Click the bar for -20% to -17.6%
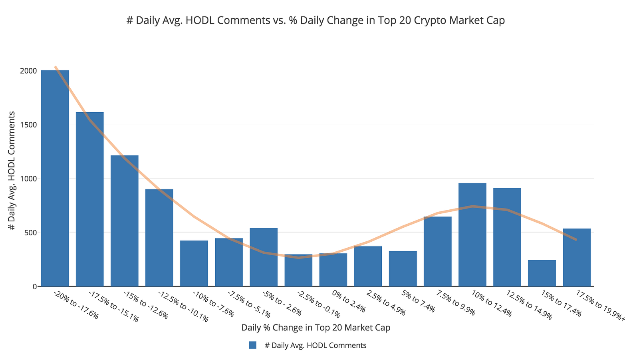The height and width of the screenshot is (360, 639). click(55, 178)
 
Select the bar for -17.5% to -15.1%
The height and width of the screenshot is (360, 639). click(89, 199)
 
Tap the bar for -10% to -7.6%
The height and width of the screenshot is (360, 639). click(194, 263)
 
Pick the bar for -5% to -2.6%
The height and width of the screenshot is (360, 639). click(264, 257)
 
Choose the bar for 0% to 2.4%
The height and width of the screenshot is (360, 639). click(333, 270)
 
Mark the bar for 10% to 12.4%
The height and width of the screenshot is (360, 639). click(472, 235)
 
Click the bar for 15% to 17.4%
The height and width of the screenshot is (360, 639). click(542, 273)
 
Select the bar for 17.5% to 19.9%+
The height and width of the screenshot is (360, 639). click(577, 257)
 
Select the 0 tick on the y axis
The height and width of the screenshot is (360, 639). click(34, 286)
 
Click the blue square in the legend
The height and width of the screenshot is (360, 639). click(252, 345)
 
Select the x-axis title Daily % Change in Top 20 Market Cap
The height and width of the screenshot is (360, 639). click(316, 328)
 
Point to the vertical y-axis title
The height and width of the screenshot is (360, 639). click(12, 171)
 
